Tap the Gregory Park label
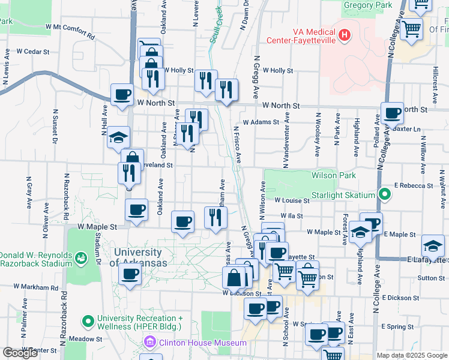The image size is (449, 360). [367, 5]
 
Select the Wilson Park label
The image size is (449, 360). [333, 175]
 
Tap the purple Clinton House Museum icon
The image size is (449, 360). [148, 343]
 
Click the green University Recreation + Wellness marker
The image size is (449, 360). [88, 322]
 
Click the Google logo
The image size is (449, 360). [20, 353]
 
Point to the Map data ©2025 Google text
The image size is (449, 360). [411, 355]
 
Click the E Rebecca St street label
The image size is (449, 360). [414, 187]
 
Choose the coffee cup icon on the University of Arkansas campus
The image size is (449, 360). [130, 275]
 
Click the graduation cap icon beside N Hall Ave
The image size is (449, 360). [118, 137]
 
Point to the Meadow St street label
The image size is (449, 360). [85, 338]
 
